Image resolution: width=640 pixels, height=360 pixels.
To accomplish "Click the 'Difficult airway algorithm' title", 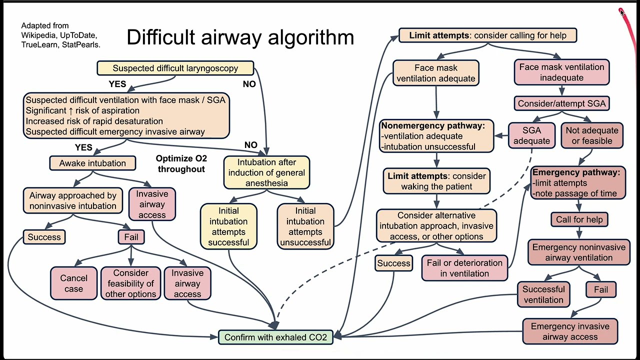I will coord(240,37).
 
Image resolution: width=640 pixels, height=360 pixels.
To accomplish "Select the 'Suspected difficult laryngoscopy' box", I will coord(175,68).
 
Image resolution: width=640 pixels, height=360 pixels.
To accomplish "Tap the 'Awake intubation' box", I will coord(92,163).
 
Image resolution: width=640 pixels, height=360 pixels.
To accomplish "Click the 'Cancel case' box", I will coord(73,283).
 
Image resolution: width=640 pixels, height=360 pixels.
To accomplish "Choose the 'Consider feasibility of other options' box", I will coord(130,283).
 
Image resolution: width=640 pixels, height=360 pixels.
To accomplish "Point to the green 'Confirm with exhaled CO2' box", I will coord(275,337).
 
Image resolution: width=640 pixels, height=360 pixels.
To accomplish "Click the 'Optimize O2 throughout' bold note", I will coord(181,163).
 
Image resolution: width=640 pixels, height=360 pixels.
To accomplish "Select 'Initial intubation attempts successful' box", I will coord(228,226).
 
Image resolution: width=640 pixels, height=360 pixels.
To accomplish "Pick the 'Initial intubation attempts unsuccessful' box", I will coord(305,226).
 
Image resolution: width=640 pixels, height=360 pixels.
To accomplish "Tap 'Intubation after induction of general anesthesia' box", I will coord(266,173).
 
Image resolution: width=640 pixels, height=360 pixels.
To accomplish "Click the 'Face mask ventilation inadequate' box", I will coord(561,72).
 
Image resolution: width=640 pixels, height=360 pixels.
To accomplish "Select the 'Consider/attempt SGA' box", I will coord(561,104).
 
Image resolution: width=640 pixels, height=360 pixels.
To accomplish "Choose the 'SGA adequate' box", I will coord(531,135).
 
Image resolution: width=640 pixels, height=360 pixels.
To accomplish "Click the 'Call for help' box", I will coord(579,219).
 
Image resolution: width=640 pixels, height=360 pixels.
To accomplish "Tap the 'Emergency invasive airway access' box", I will coord(570,331).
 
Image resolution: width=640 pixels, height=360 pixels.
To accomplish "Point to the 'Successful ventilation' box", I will coord(543,294).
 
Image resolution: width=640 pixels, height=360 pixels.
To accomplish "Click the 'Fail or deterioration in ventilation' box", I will coord(464,268).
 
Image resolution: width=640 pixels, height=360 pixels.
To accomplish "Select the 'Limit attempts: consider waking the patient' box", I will coord(436,181).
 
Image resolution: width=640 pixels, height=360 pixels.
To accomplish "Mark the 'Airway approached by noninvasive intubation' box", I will coord(72,200).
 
